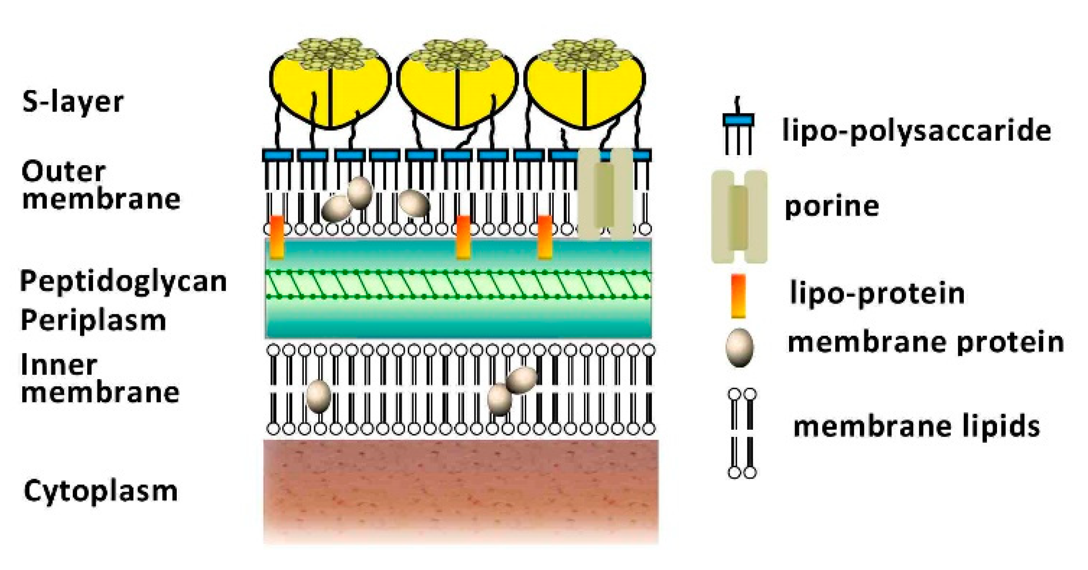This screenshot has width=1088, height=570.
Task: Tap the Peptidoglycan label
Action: coord(123,281)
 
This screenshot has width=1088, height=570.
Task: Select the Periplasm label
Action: coord(93,320)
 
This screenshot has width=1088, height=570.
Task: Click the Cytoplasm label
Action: coord(101,491)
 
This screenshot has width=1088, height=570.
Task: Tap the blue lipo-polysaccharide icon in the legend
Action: coord(738,120)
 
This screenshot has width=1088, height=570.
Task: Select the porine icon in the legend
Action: coord(739,217)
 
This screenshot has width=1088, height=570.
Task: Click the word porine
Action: coord(832,206)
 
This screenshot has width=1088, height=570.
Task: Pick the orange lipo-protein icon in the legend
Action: coord(738,296)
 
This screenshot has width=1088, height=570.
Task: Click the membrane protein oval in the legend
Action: coord(739,347)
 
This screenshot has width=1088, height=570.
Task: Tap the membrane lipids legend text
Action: coord(916,426)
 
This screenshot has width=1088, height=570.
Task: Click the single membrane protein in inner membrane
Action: coord(318,396)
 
